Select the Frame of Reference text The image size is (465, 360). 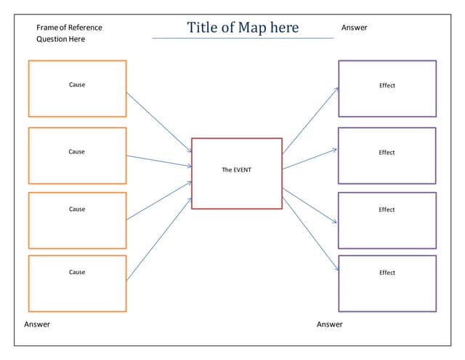coord(69,28)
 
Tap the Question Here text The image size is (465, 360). coord(60,39)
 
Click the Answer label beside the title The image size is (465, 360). coord(354,28)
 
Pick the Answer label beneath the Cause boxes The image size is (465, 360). coord(37,324)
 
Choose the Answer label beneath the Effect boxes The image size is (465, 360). coord(329,324)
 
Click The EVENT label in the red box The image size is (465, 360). coord(236,169)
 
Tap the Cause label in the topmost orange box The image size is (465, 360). coord(77,85)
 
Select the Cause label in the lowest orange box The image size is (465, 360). coord(77,273)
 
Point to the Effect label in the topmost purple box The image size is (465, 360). coord(387,86)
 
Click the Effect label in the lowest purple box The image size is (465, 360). coord(387,273)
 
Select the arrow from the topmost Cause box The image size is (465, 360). coord(159,122)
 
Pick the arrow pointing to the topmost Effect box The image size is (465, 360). coord(310,120)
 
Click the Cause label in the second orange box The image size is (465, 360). coord(77,152)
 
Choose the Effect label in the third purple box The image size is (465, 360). coord(387,209)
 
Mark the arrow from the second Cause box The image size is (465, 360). coord(159,161)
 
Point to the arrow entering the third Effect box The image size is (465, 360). coord(310,206)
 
